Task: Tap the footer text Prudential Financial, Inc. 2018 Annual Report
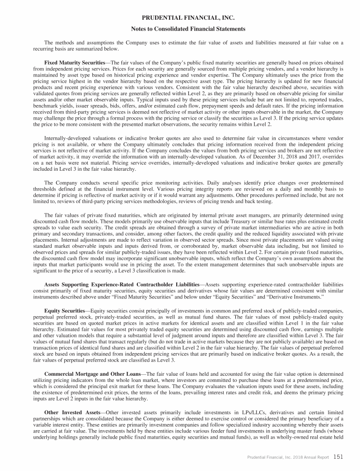point(287,456)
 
